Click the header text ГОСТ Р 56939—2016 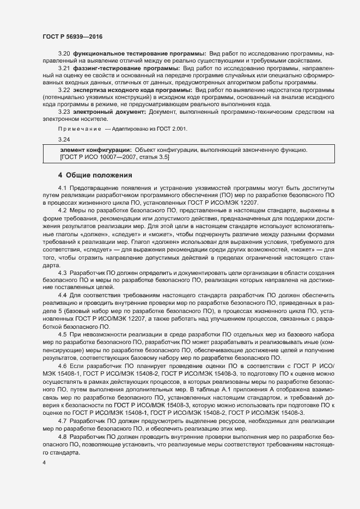tap(72, 36)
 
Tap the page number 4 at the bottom tap(44, 463)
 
